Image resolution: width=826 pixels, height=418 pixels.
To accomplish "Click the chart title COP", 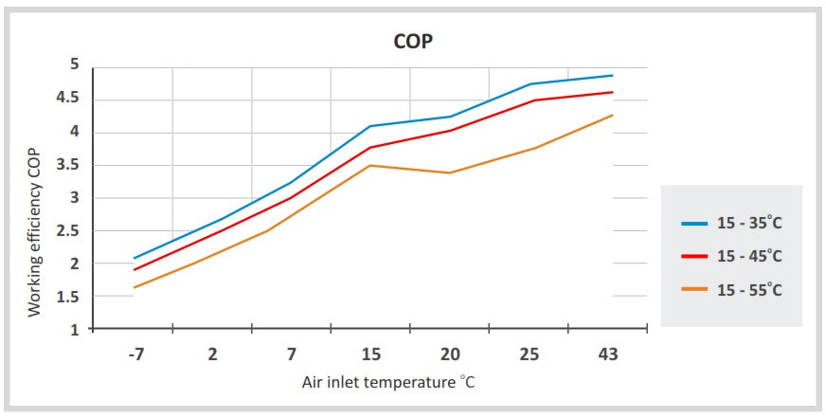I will pyautogui.click(x=413, y=43).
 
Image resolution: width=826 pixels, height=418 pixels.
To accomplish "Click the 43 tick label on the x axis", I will pyautogui.click(x=608, y=354).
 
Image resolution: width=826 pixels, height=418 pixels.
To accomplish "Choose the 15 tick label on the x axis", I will pyautogui.click(x=370, y=354).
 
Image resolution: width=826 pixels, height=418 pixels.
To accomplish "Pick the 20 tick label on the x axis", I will pyautogui.click(x=450, y=354).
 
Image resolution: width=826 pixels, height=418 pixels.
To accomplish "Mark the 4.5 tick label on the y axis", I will pyautogui.click(x=67, y=99).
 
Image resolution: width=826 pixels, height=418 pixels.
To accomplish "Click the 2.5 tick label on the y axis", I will pyautogui.click(x=67, y=230).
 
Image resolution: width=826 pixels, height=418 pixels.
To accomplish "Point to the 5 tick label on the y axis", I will pyautogui.click(x=73, y=65).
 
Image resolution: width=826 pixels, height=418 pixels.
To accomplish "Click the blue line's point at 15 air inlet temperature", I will pyautogui.click(x=370, y=126).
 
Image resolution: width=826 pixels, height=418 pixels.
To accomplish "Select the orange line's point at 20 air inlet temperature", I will pyautogui.click(x=450, y=173).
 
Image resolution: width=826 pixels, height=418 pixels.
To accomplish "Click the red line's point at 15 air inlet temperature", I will pyautogui.click(x=370, y=147).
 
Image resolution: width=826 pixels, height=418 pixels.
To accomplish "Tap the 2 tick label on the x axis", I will pyautogui.click(x=212, y=354).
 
